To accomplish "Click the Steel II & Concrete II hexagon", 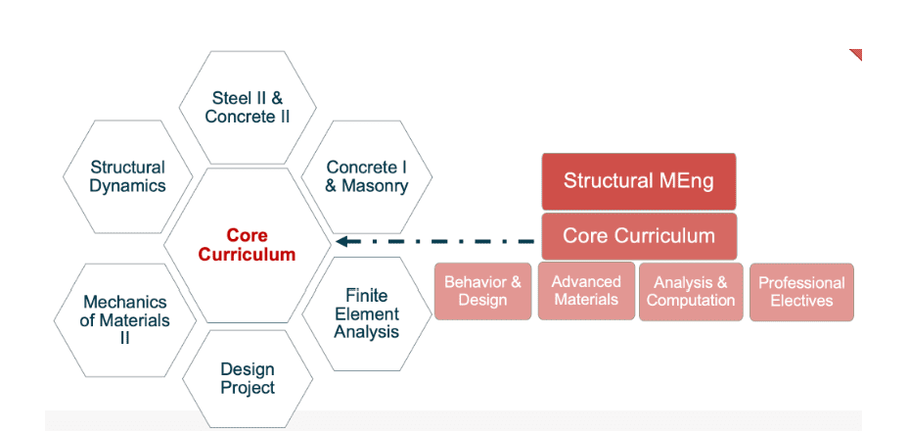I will tap(248, 107).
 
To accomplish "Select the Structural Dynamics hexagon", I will tap(128, 176).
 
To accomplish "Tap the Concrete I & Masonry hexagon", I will tap(367, 176).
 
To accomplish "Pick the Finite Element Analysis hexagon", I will tap(367, 313).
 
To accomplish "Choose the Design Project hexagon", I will tap(248, 378).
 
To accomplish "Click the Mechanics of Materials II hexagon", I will tap(125, 319).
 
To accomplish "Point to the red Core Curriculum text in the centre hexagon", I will tap(247, 245).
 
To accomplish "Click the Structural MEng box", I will tap(638, 181).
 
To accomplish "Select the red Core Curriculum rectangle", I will tap(638, 236).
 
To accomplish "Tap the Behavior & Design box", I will tap(482, 291).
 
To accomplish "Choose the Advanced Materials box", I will tap(586, 291).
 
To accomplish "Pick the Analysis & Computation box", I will tap(690, 292).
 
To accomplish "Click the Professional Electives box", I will tap(801, 292).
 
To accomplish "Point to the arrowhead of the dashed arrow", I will tap(341, 241).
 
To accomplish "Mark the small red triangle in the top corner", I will tap(857, 53).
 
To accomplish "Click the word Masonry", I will tap(375, 186).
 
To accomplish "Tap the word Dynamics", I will tap(128, 186).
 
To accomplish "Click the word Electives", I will tap(801, 301).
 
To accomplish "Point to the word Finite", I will tap(367, 295).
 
